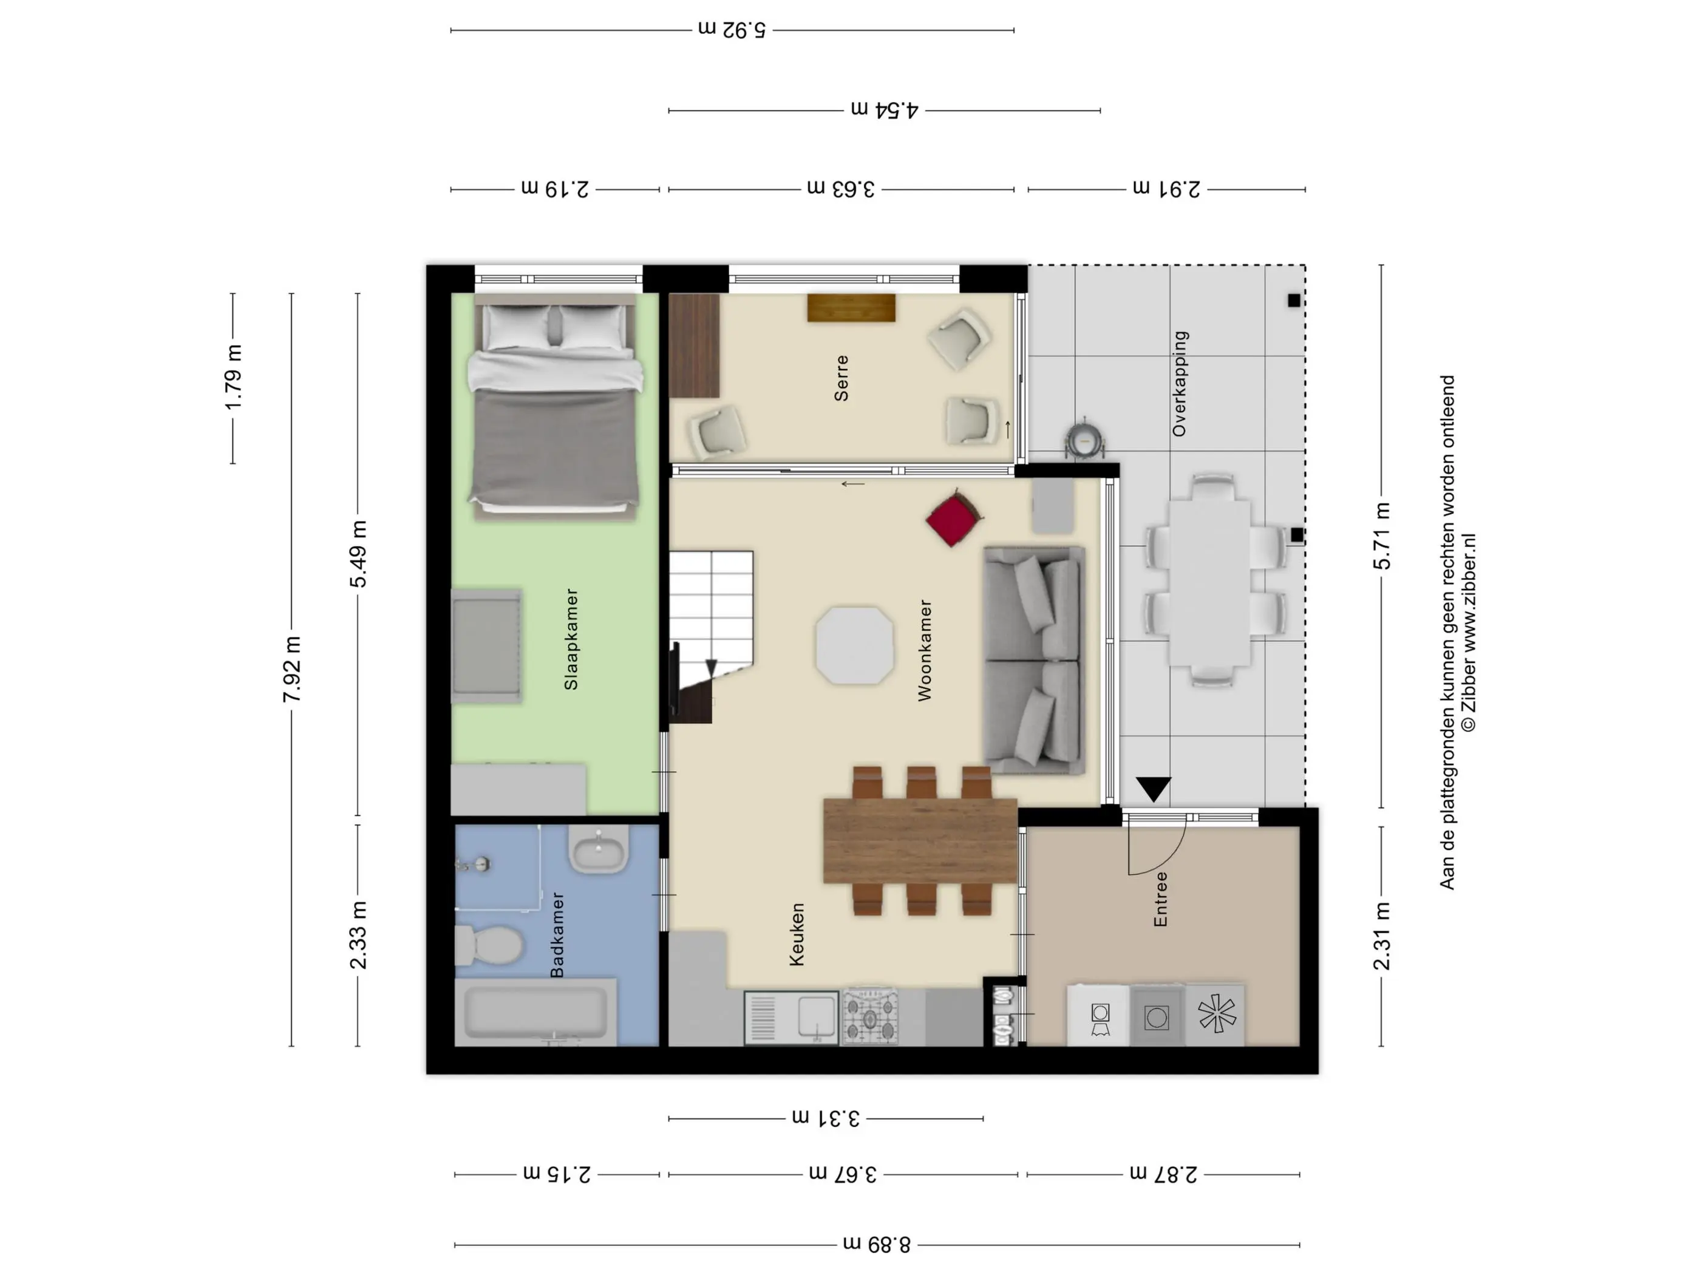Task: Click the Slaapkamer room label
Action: (x=571, y=639)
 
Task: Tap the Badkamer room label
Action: (x=558, y=934)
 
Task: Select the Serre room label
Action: (x=841, y=378)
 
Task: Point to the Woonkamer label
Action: (x=925, y=650)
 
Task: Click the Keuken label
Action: (x=797, y=934)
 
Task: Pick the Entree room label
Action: (x=1160, y=899)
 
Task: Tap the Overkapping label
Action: (x=1180, y=384)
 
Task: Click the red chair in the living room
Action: (x=954, y=518)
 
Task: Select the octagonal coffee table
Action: (x=855, y=645)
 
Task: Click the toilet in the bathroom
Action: (x=489, y=945)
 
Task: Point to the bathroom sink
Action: (x=599, y=849)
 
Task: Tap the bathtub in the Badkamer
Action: (x=535, y=1012)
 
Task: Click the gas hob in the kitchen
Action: (x=870, y=1017)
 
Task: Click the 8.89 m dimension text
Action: (x=877, y=1244)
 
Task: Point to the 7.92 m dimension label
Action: (x=292, y=670)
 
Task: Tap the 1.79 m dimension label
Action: (x=234, y=378)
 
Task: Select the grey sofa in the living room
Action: (x=1035, y=660)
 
